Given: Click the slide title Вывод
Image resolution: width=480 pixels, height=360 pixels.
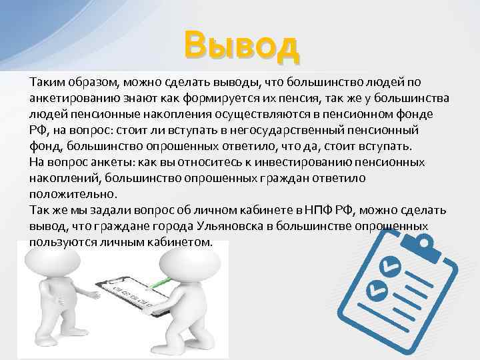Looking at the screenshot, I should tap(242, 46).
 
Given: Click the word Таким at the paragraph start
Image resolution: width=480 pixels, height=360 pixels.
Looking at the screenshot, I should tap(45, 82).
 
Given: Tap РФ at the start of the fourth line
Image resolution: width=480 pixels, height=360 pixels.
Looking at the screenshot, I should tap(37, 130).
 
